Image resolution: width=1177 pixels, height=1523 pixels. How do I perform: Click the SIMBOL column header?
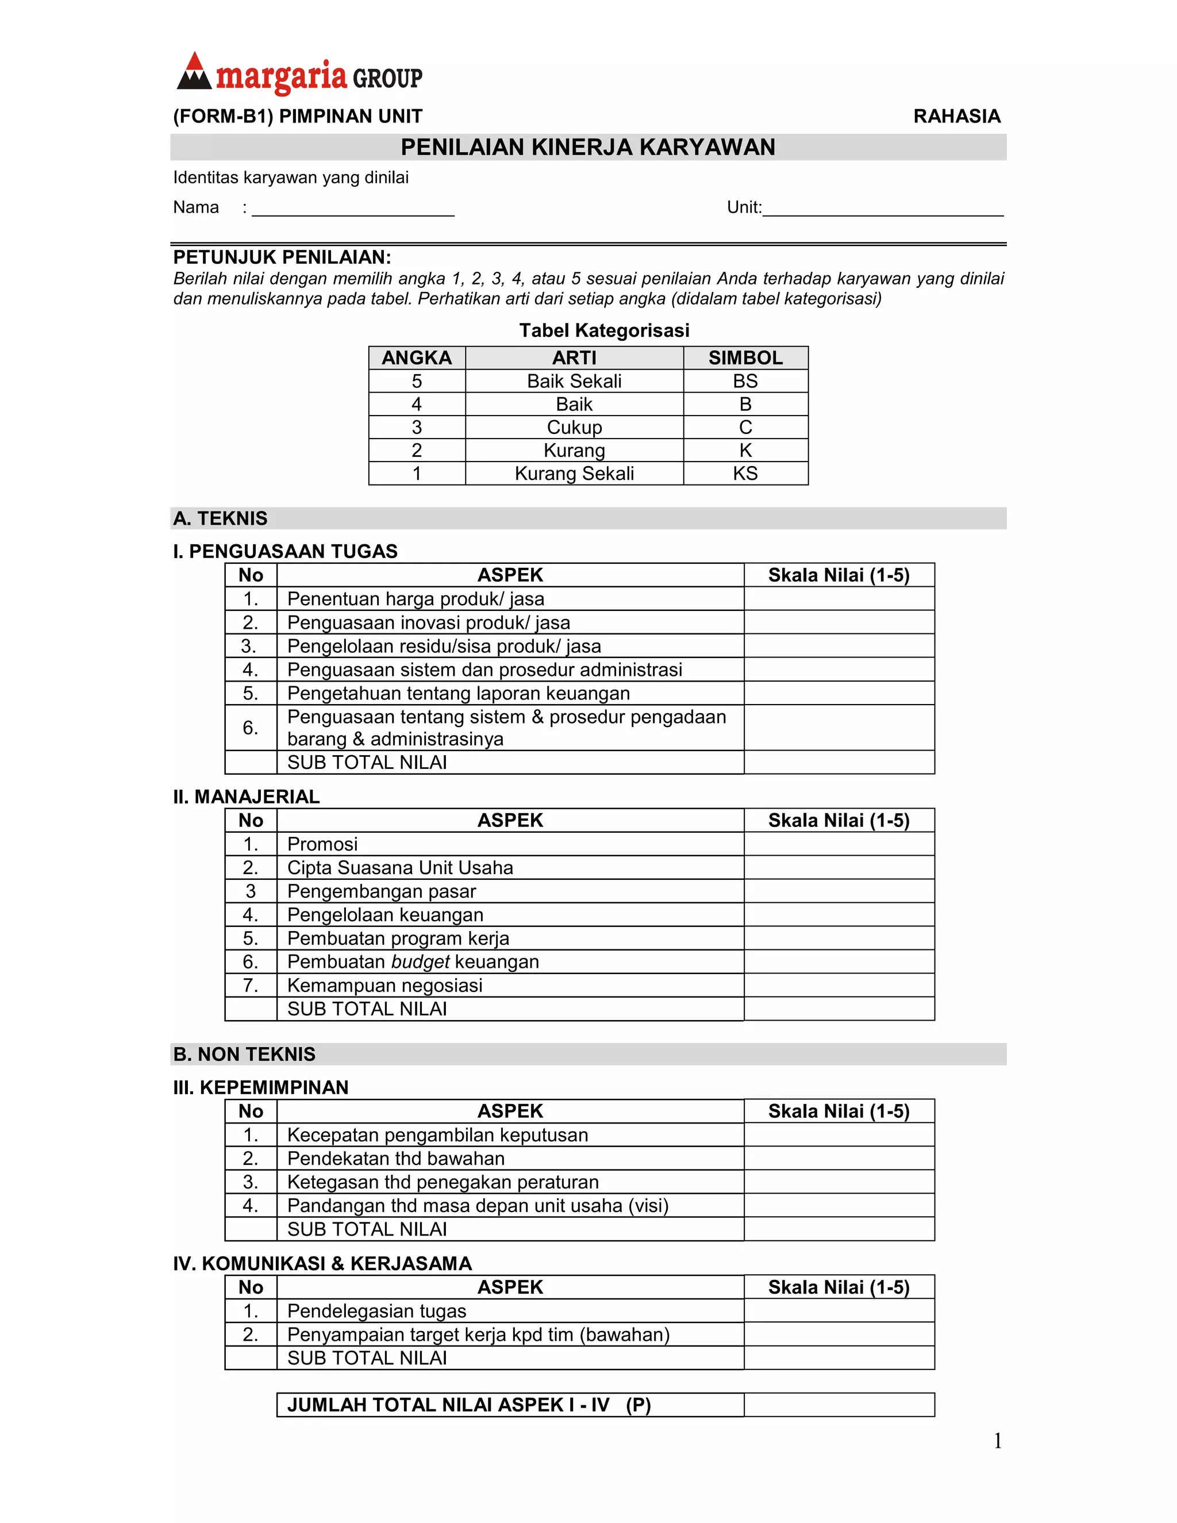pyautogui.click(x=745, y=357)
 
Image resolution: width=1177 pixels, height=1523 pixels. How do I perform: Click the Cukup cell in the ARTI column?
pyautogui.click(x=574, y=428)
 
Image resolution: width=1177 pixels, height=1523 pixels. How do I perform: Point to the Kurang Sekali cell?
pyautogui.click(x=574, y=474)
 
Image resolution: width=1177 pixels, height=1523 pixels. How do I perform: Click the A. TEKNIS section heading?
pyautogui.click(x=220, y=518)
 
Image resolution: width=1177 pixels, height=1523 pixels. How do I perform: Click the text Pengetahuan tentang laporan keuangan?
pyautogui.click(x=458, y=693)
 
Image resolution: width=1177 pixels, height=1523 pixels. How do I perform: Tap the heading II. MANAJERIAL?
pyautogui.click(x=246, y=797)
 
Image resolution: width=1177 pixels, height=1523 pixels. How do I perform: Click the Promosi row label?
pyautogui.click(x=322, y=844)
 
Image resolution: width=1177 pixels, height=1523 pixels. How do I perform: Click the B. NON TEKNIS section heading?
pyautogui.click(x=244, y=1055)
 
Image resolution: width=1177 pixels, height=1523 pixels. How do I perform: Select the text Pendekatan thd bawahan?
pyautogui.click(x=395, y=1159)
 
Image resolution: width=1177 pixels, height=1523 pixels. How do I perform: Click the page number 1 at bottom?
pyautogui.click(x=997, y=1441)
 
